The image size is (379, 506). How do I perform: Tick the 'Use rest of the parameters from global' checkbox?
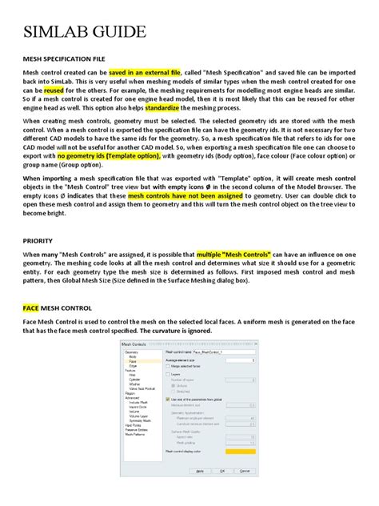click(x=168, y=398)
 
